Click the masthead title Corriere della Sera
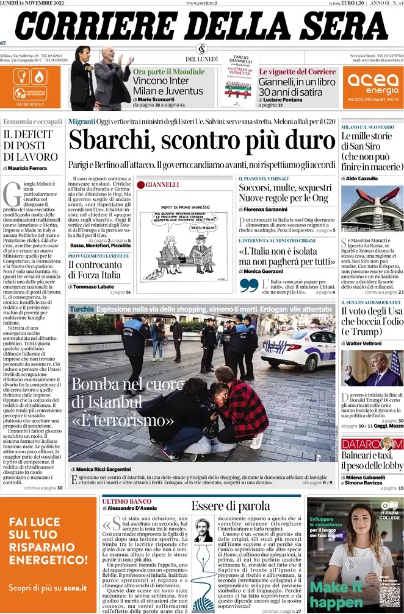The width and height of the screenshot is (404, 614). [201, 27]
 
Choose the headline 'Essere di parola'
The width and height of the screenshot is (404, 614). [230, 506]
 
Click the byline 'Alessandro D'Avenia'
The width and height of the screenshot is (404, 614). [132, 508]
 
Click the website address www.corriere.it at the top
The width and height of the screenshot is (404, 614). [201, 4]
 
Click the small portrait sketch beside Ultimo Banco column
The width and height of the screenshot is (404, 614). [203, 530]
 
